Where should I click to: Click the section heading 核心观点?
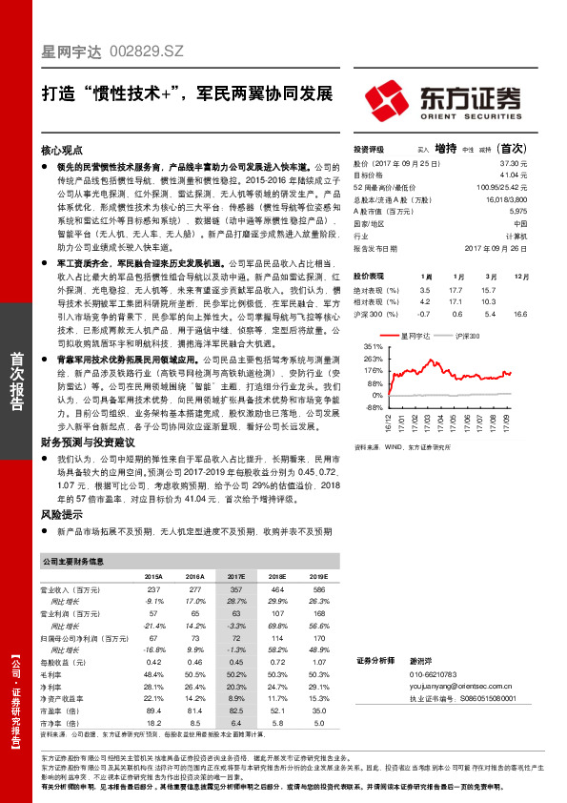click(63, 151)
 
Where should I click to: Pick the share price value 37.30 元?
click(514, 163)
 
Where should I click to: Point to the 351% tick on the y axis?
click(373, 347)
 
